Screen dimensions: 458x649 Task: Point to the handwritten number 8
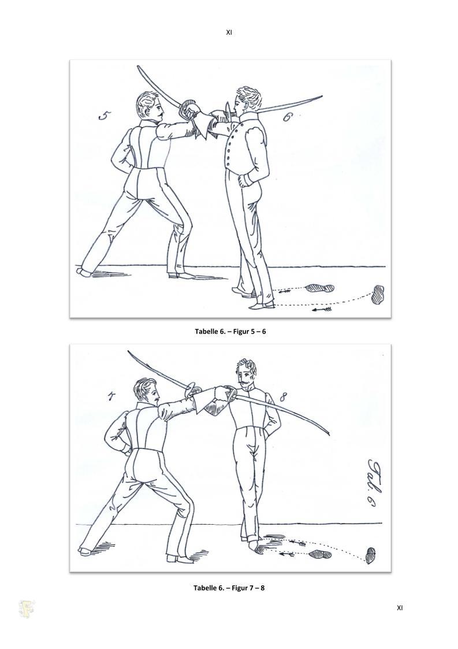[282, 398]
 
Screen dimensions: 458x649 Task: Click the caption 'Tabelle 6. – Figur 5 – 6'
[230, 331]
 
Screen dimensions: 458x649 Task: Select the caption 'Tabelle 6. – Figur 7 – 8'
[229, 587]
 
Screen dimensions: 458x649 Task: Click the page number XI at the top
[229, 32]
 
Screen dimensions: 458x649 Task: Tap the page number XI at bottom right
[399, 607]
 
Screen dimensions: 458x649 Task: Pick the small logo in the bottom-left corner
[27, 609]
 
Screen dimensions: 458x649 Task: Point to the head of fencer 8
[246, 374]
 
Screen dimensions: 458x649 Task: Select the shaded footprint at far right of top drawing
[378, 294]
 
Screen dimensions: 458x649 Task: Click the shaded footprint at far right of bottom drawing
[372, 555]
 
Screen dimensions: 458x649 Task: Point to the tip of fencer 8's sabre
[329, 434]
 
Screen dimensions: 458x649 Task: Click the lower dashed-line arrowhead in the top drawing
[322, 309]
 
